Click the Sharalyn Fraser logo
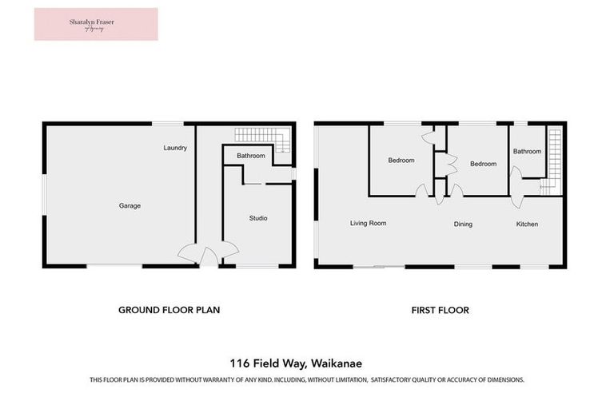point(96,24)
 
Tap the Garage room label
point(130,206)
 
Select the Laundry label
point(175,148)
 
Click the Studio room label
point(258,218)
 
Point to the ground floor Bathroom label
point(250,156)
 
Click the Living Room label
point(368,224)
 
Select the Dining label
point(463,224)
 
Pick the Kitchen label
point(527,224)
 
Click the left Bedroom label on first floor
point(401,161)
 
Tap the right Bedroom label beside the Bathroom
point(483,165)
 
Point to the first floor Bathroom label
point(527,152)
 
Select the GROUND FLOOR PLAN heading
point(169,310)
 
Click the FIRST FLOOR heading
point(441,310)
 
